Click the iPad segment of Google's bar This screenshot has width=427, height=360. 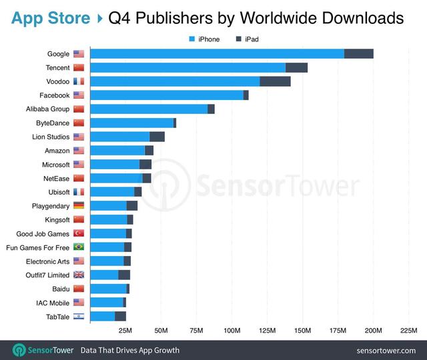click(x=359, y=54)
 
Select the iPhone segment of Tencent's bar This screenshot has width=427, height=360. click(x=187, y=67)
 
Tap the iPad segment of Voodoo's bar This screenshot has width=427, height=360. click(x=275, y=81)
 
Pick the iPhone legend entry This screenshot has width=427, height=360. click(x=204, y=39)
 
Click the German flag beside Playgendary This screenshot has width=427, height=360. click(x=79, y=206)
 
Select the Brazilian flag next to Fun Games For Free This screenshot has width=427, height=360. click(x=79, y=247)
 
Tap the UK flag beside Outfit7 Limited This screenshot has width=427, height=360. click(x=79, y=275)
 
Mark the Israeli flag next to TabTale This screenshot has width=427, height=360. click(x=79, y=317)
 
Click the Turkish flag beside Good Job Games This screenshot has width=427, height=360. click(x=79, y=233)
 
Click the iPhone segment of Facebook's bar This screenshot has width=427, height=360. click(x=166, y=95)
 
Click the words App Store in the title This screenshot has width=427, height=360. click(x=51, y=17)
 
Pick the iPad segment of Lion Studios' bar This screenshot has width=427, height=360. click(x=157, y=137)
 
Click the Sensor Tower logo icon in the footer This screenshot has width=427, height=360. click(x=21, y=350)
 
